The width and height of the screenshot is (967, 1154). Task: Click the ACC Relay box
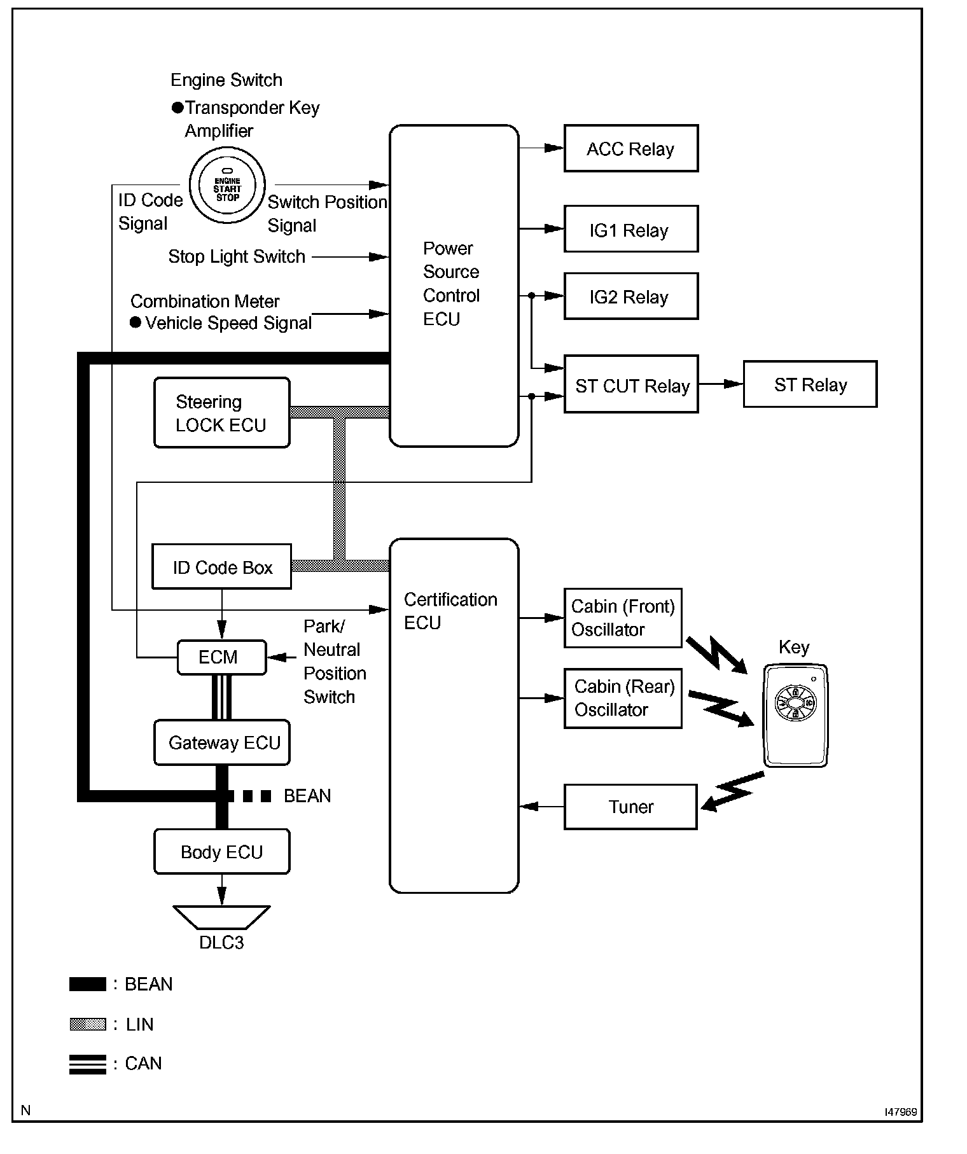[x=630, y=148]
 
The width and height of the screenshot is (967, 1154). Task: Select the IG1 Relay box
[x=630, y=229]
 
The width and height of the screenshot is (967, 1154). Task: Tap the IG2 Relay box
[x=630, y=296]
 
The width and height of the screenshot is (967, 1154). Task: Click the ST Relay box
[x=810, y=384]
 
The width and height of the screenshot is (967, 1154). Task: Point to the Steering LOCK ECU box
[x=221, y=413]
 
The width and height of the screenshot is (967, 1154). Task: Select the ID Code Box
[x=221, y=566]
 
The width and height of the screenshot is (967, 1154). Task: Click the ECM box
[x=221, y=657]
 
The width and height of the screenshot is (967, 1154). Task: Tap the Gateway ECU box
[x=221, y=742]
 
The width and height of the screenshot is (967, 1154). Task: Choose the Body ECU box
[x=221, y=852]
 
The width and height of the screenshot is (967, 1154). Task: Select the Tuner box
[x=630, y=807]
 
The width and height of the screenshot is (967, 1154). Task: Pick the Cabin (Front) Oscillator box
[x=623, y=618]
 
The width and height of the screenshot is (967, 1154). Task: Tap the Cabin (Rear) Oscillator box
[x=623, y=698]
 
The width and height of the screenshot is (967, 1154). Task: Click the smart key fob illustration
[x=795, y=716]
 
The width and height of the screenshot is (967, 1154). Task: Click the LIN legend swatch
[x=87, y=1025]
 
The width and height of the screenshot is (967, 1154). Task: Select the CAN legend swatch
[x=87, y=1064]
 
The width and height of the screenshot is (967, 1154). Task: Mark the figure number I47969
[x=900, y=1112]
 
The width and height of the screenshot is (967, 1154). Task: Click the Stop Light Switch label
[x=237, y=256]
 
